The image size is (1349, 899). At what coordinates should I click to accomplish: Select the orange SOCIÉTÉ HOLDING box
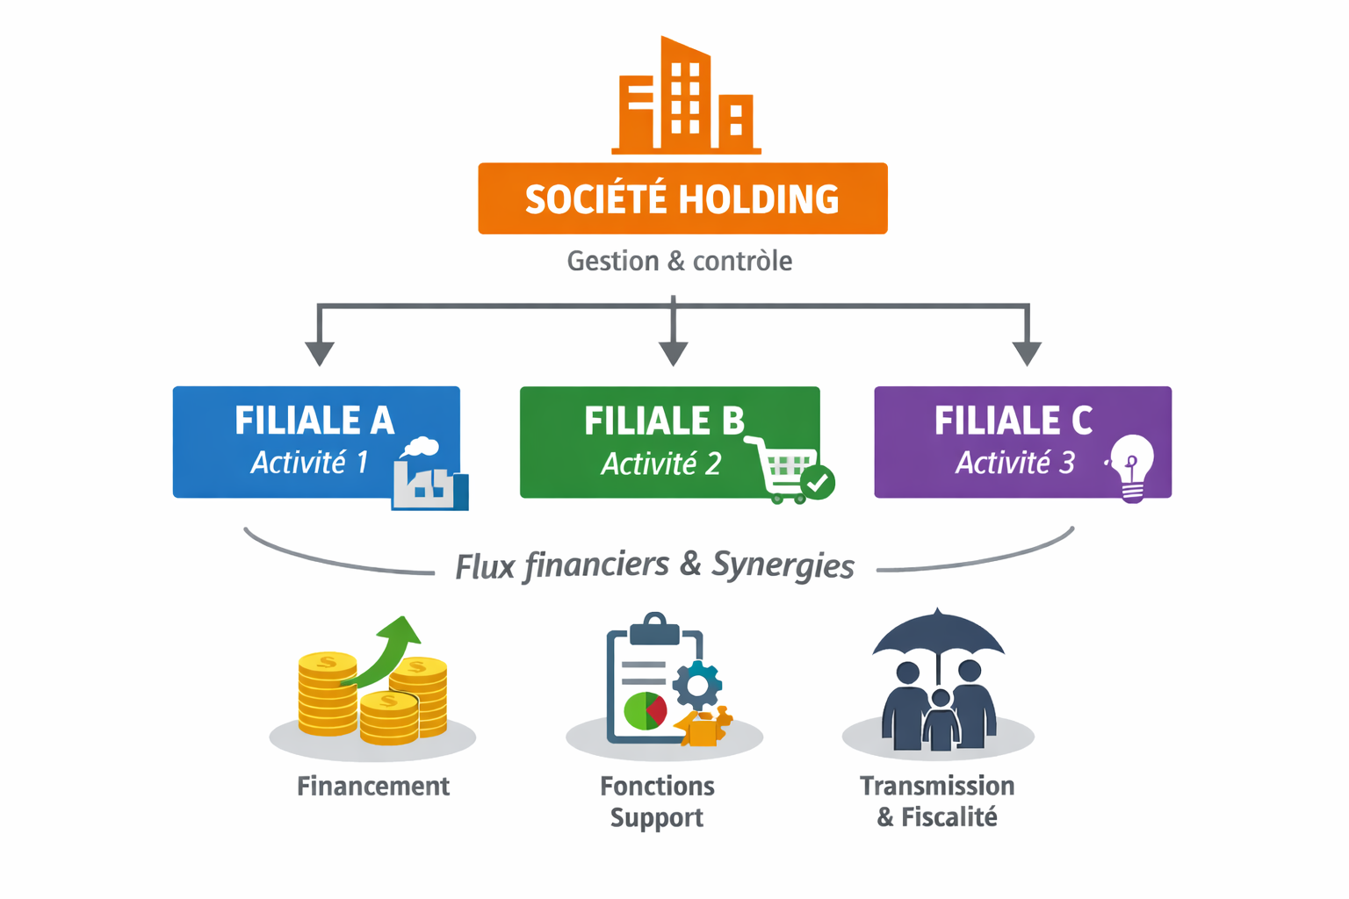[x=682, y=198]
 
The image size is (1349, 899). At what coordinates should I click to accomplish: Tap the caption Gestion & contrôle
[x=679, y=261]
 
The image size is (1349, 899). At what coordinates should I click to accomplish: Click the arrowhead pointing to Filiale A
[x=320, y=353]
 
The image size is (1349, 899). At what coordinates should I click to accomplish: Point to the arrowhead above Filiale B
[x=673, y=353]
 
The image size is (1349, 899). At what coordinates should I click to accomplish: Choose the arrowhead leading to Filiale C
[x=1027, y=353]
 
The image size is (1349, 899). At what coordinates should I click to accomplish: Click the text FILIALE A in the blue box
[x=314, y=421]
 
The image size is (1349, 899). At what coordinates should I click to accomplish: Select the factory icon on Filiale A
[x=429, y=476]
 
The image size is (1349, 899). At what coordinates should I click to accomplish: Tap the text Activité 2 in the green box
[x=660, y=464]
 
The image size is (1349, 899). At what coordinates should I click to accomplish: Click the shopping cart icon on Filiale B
[x=784, y=469]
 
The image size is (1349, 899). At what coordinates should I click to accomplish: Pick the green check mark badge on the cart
[x=819, y=482]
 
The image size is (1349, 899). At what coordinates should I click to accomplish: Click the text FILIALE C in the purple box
[x=1013, y=421]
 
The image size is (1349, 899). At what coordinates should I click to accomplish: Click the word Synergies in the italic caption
[x=783, y=565]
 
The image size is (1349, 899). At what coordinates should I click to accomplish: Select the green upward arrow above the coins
[x=390, y=650]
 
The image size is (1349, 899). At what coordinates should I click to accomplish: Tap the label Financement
[x=373, y=786]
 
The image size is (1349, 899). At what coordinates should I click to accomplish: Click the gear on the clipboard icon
[x=697, y=686]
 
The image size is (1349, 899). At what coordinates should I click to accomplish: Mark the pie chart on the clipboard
[x=646, y=710]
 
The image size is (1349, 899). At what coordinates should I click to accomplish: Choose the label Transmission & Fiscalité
[x=937, y=802]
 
